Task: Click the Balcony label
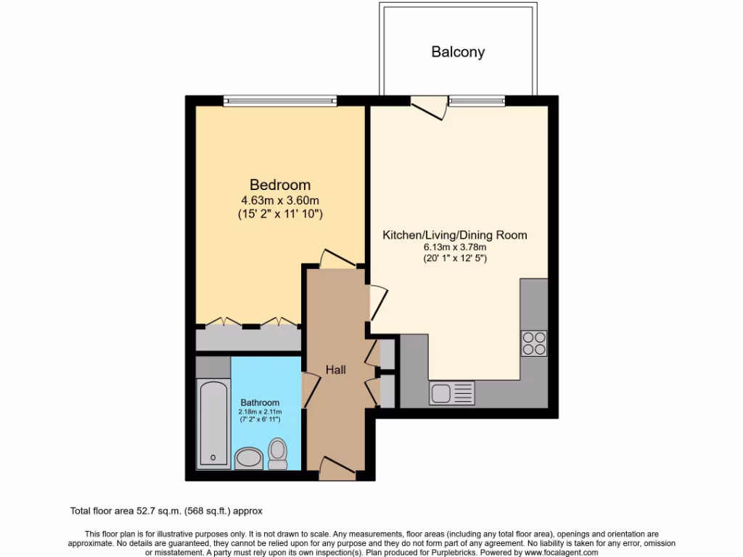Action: [x=458, y=51]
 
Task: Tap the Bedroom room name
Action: [x=280, y=185]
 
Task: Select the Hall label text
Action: [x=335, y=370]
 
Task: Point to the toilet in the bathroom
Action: [x=277, y=453]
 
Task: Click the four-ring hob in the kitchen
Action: [x=534, y=343]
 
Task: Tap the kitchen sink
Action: [x=451, y=393]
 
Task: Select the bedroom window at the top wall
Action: [x=280, y=101]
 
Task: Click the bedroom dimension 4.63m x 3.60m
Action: [x=280, y=200]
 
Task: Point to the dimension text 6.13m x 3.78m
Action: [x=455, y=248]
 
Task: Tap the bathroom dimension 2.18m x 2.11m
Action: [x=260, y=412]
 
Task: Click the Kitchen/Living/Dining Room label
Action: [x=455, y=235]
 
